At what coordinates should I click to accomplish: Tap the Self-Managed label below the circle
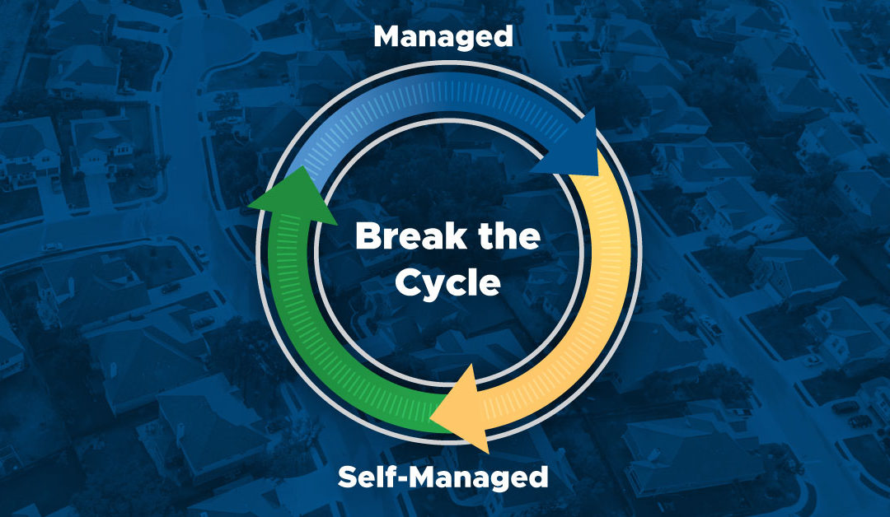click(443, 477)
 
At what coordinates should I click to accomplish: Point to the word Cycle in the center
click(447, 283)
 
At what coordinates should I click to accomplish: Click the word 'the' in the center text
click(509, 236)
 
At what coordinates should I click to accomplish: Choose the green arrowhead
click(292, 196)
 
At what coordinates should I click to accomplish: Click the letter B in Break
click(366, 237)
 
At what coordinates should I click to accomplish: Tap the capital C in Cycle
click(407, 283)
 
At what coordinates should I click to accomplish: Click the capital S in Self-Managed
click(349, 477)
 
